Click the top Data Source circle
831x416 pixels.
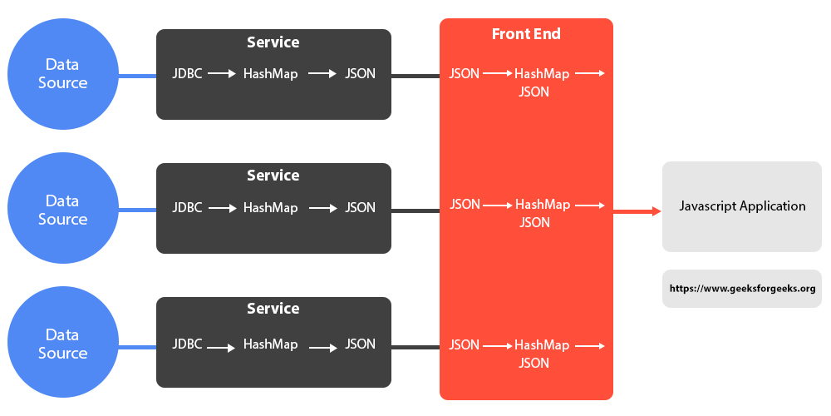click(x=62, y=74)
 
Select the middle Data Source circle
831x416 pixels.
click(x=62, y=210)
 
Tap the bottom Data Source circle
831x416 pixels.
click(x=62, y=344)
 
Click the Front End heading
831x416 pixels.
click(x=526, y=34)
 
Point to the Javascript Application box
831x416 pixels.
click(x=742, y=206)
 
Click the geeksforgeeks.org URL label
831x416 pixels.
click(x=742, y=290)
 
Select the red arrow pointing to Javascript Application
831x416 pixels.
click(x=637, y=211)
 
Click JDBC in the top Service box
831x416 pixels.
click(x=188, y=74)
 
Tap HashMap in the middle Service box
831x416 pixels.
click(x=270, y=208)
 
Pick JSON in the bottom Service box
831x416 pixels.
click(x=361, y=344)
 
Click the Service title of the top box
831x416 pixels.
click(x=273, y=42)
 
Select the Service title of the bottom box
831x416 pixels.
click(x=273, y=309)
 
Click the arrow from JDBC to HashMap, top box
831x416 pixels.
click(x=222, y=74)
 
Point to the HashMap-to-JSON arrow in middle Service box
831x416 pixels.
click(x=322, y=208)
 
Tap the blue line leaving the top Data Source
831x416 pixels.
click(x=137, y=77)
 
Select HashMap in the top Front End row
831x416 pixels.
click(x=542, y=74)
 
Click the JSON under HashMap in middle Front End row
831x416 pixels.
click(x=534, y=223)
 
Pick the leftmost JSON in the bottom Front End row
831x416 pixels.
click(x=464, y=344)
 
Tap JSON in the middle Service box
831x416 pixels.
click(x=361, y=208)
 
